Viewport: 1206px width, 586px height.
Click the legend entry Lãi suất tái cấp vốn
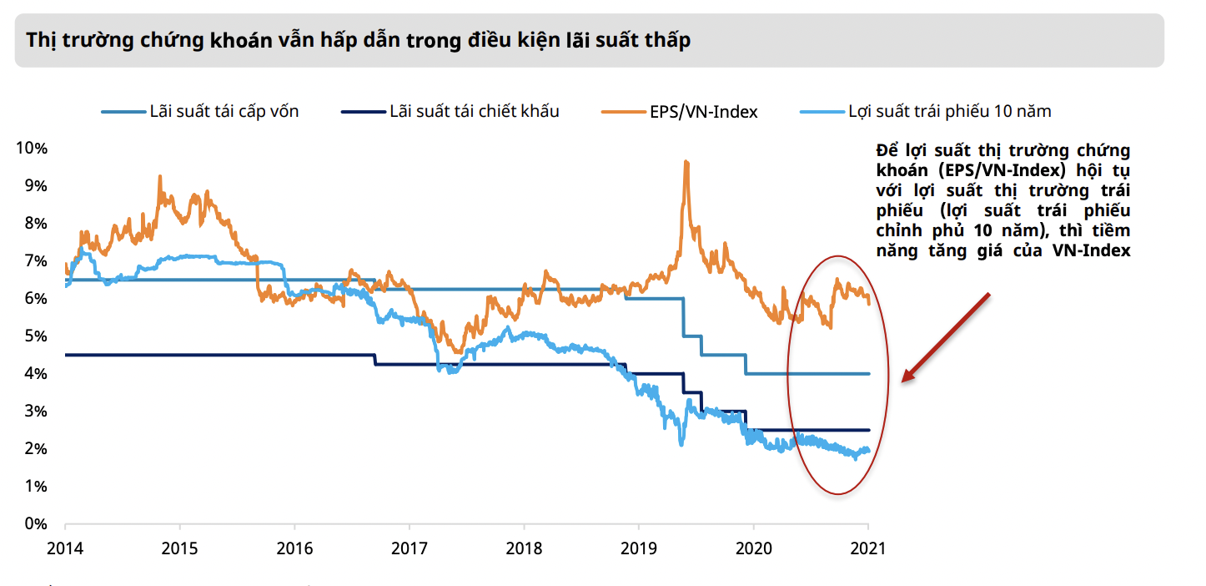(224, 111)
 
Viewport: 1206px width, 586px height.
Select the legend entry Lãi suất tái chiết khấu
(474, 111)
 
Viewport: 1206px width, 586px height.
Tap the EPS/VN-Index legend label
(703, 111)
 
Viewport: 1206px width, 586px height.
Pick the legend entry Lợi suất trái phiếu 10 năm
(949, 111)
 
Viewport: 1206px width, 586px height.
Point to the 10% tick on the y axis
(32, 148)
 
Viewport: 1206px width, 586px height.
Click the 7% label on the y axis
(35, 261)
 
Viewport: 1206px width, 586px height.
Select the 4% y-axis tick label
(35, 374)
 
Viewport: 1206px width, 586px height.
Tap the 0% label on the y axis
(35, 524)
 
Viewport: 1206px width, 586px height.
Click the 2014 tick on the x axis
(65, 548)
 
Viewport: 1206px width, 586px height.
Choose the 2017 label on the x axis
(410, 548)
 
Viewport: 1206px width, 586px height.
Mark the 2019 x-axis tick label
(639, 548)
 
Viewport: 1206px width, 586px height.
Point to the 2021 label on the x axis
(868, 548)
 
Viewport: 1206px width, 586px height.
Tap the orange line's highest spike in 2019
(686, 161)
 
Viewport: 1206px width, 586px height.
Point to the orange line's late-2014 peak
(159, 176)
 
